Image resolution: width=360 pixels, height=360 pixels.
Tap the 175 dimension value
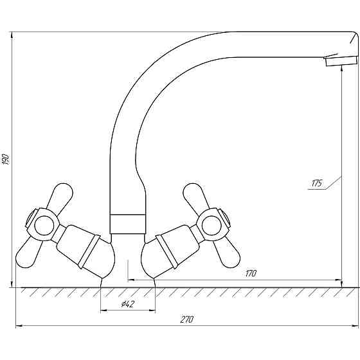click(x=317, y=184)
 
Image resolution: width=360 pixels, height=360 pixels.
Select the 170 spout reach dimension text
click(x=251, y=274)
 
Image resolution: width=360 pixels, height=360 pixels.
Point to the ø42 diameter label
click(x=128, y=304)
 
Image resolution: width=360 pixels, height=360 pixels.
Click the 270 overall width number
click(x=187, y=320)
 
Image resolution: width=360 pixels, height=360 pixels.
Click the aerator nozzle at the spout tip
click(x=341, y=61)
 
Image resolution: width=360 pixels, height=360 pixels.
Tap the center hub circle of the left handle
click(x=44, y=225)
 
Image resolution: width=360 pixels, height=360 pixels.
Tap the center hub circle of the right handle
click(x=212, y=225)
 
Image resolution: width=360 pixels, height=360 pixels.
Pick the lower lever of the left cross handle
click(x=28, y=252)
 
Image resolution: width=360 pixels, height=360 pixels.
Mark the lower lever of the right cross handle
click(x=228, y=252)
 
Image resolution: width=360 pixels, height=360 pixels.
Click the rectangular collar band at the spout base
click(x=127, y=224)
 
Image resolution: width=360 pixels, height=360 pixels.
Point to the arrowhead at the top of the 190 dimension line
click(x=12, y=35)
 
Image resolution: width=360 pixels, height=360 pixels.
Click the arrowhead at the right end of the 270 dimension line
click(x=355, y=326)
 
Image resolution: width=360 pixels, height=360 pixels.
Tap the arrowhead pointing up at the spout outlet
click(x=342, y=68)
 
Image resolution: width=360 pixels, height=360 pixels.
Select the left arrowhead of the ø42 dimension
click(x=104, y=310)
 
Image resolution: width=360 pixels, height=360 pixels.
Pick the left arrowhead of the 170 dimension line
click(x=131, y=280)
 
